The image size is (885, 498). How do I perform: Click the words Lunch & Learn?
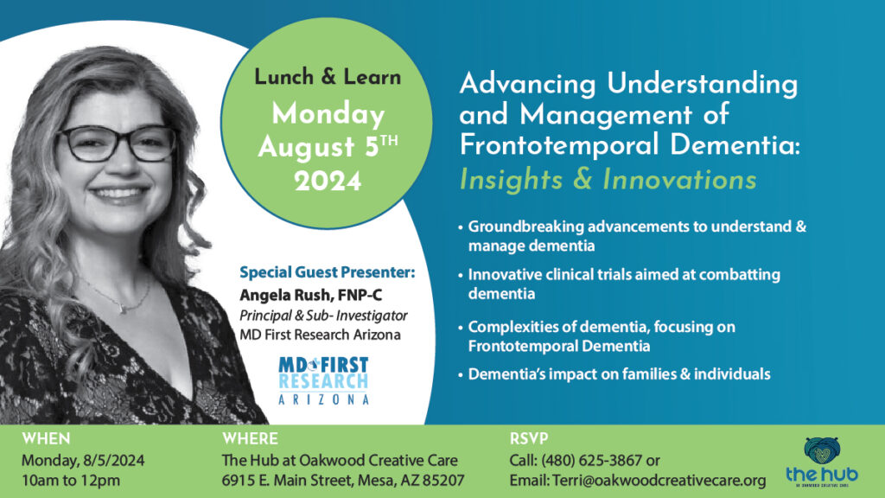pos(328,77)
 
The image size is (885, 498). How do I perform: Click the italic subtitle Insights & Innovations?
pos(608,180)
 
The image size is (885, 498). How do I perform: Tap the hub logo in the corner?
pos(821,461)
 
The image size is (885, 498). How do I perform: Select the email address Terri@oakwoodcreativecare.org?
pos(659,480)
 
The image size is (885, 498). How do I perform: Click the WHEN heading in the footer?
pos(46,438)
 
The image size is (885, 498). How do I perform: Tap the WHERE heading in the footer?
pos(250,438)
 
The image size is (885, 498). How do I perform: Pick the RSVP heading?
pos(529,438)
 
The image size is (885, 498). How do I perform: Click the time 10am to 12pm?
pos(71,480)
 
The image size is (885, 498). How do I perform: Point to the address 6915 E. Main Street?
pos(298,480)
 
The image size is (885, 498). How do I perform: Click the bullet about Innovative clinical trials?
pos(624,284)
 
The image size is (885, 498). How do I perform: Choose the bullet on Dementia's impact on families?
pos(619,374)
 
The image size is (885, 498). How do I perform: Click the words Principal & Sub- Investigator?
pos(323,316)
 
